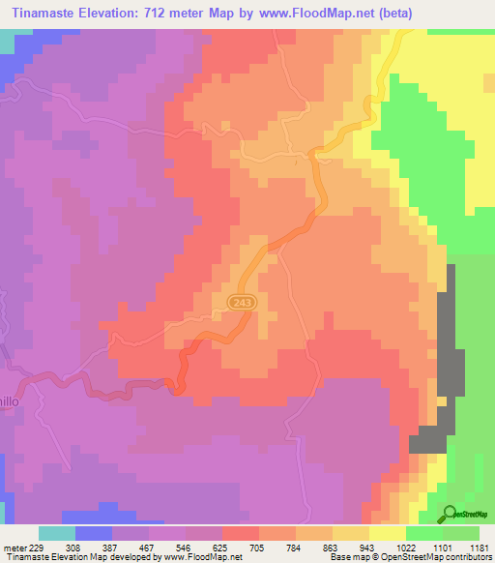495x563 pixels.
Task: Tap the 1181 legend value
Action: [x=480, y=547]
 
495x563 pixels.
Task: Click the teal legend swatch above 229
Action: [x=56, y=533]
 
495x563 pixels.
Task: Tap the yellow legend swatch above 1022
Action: [x=387, y=533]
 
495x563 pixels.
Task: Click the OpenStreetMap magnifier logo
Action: [x=449, y=514]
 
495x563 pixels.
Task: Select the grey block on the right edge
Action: [x=447, y=358]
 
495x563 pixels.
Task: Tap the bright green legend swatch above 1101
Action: [x=423, y=533]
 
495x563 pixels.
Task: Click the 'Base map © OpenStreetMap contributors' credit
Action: [x=406, y=557]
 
